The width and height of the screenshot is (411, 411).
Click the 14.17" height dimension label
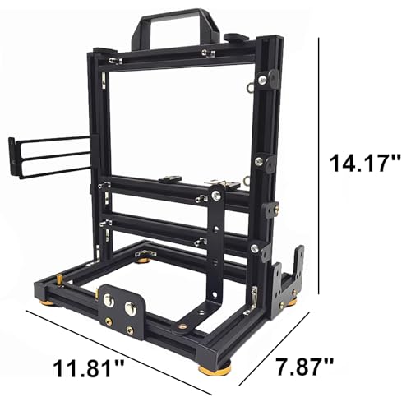coord(365,163)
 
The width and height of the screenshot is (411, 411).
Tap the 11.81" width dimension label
coord(88,368)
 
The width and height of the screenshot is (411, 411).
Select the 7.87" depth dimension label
coord(304,367)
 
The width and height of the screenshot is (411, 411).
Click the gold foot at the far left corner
coord(47,302)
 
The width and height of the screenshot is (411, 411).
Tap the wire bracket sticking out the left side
coord(49,158)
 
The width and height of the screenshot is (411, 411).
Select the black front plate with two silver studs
coord(122,311)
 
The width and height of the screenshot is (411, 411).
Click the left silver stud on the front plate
coord(109,300)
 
